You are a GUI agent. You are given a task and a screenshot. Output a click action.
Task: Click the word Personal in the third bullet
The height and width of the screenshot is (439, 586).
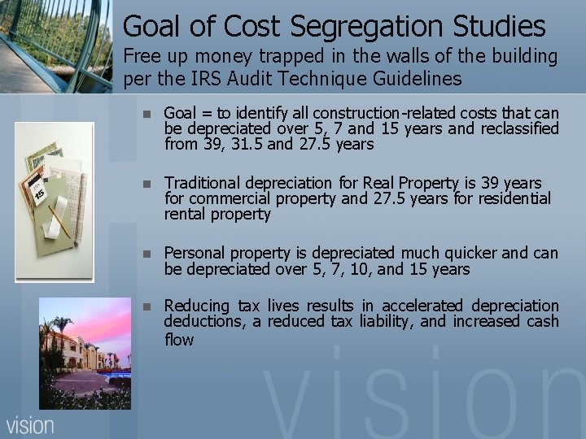[195, 253]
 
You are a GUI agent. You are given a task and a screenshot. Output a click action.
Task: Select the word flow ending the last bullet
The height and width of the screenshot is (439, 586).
[178, 339]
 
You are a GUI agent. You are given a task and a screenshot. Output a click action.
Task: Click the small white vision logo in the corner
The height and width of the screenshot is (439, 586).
[30, 425]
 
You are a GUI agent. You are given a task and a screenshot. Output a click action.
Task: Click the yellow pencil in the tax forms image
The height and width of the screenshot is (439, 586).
[58, 219]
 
